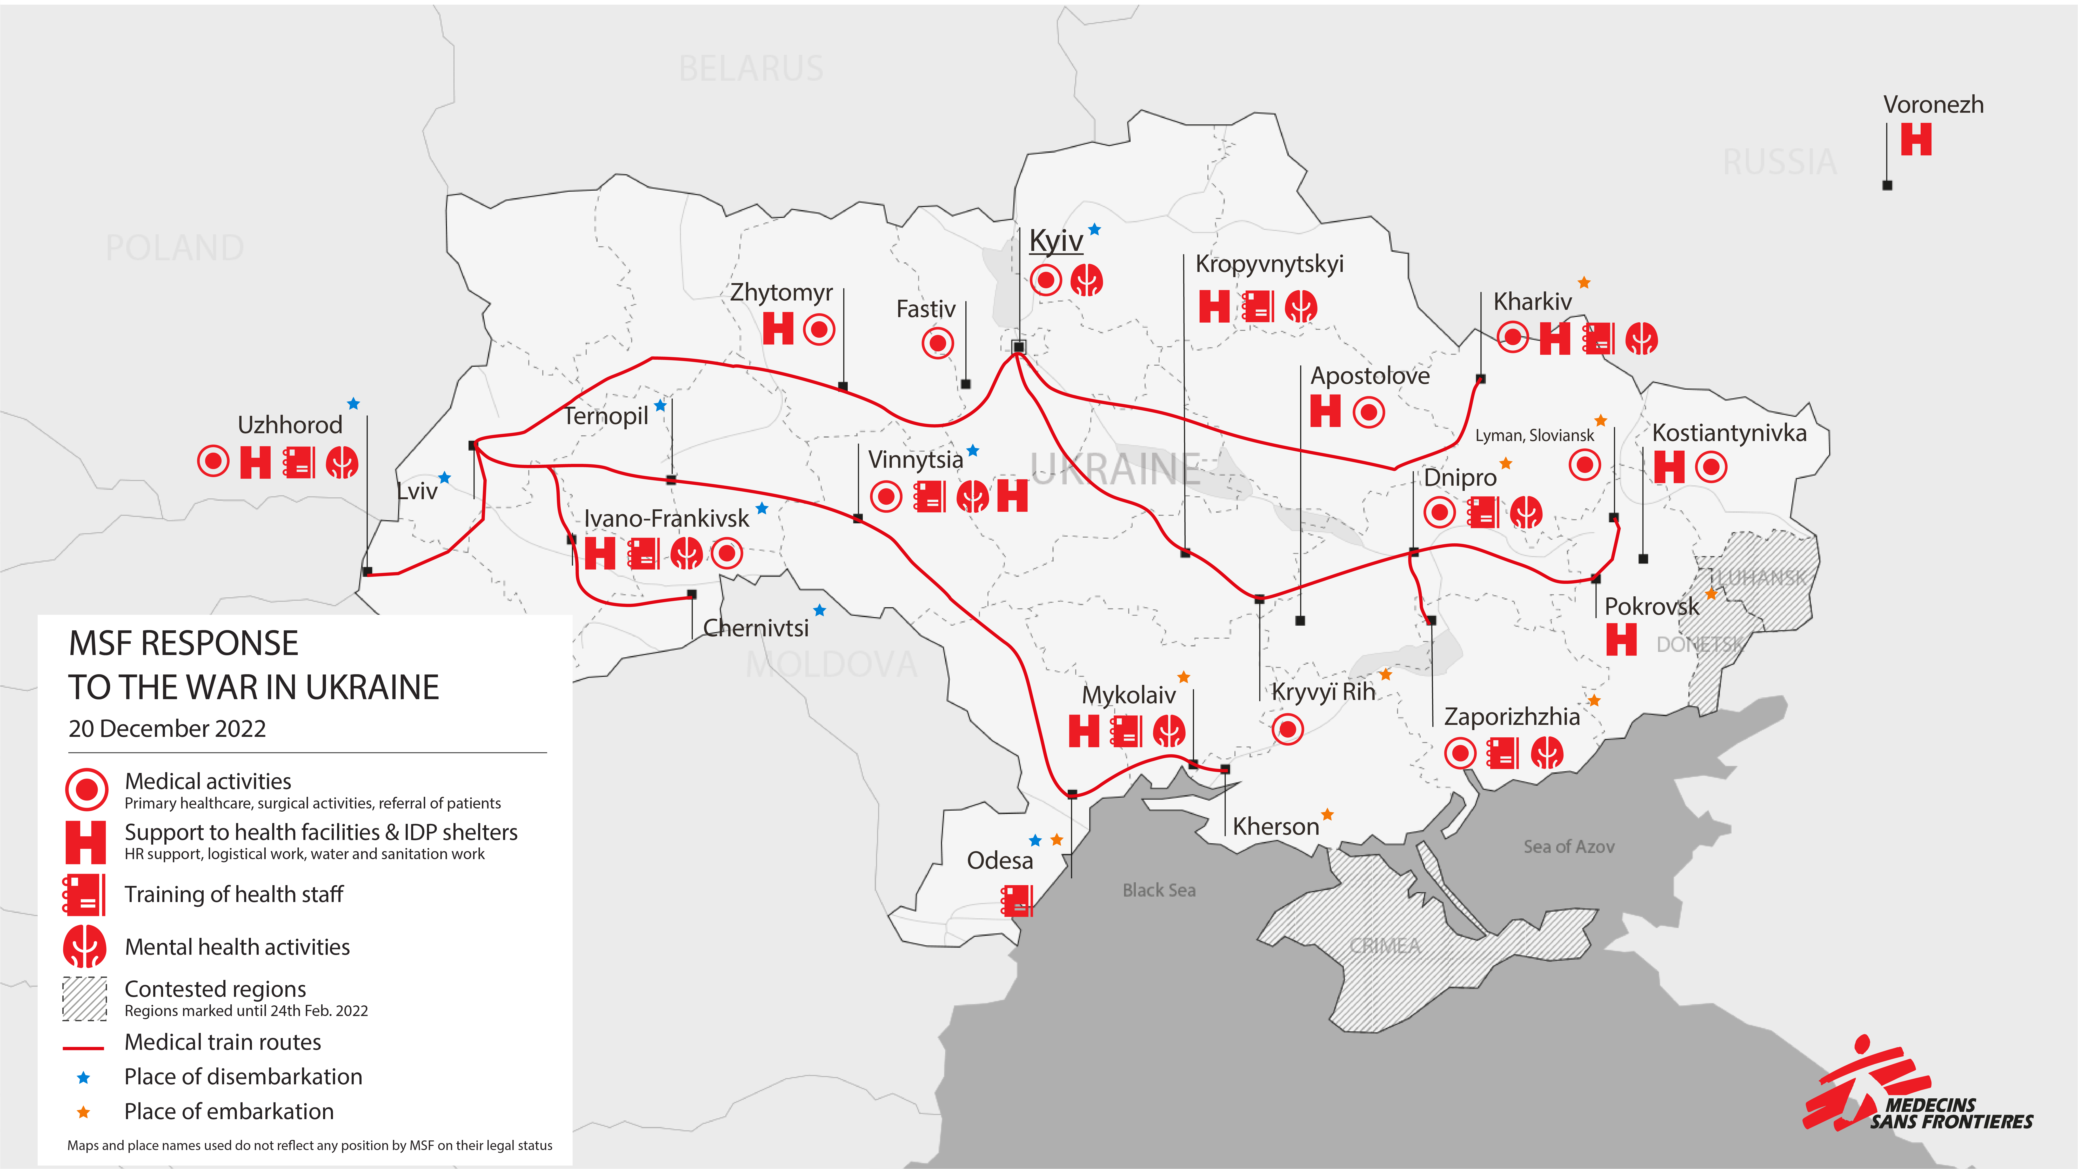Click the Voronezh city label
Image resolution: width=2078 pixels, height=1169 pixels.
tap(1933, 105)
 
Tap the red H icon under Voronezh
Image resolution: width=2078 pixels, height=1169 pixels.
tap(1916, 139)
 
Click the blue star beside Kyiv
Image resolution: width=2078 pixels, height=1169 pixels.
tap(1095, 230)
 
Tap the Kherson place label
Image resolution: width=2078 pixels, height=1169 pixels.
tap(1275, 827)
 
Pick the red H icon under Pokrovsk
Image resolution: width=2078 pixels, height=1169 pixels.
tap(1621, 640)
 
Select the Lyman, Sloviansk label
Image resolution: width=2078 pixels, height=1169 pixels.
tap(1534, 436)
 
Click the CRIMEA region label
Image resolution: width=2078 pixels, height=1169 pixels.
tap(1384, 946)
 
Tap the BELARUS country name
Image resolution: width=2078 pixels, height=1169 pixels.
tap(751, 69)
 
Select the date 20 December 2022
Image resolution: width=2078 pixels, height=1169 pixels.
tap(167, 729)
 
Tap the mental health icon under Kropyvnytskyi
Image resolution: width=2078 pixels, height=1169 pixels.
tap(1300, 306)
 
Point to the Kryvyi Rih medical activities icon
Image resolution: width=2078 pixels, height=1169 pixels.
tap(1287, 729)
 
